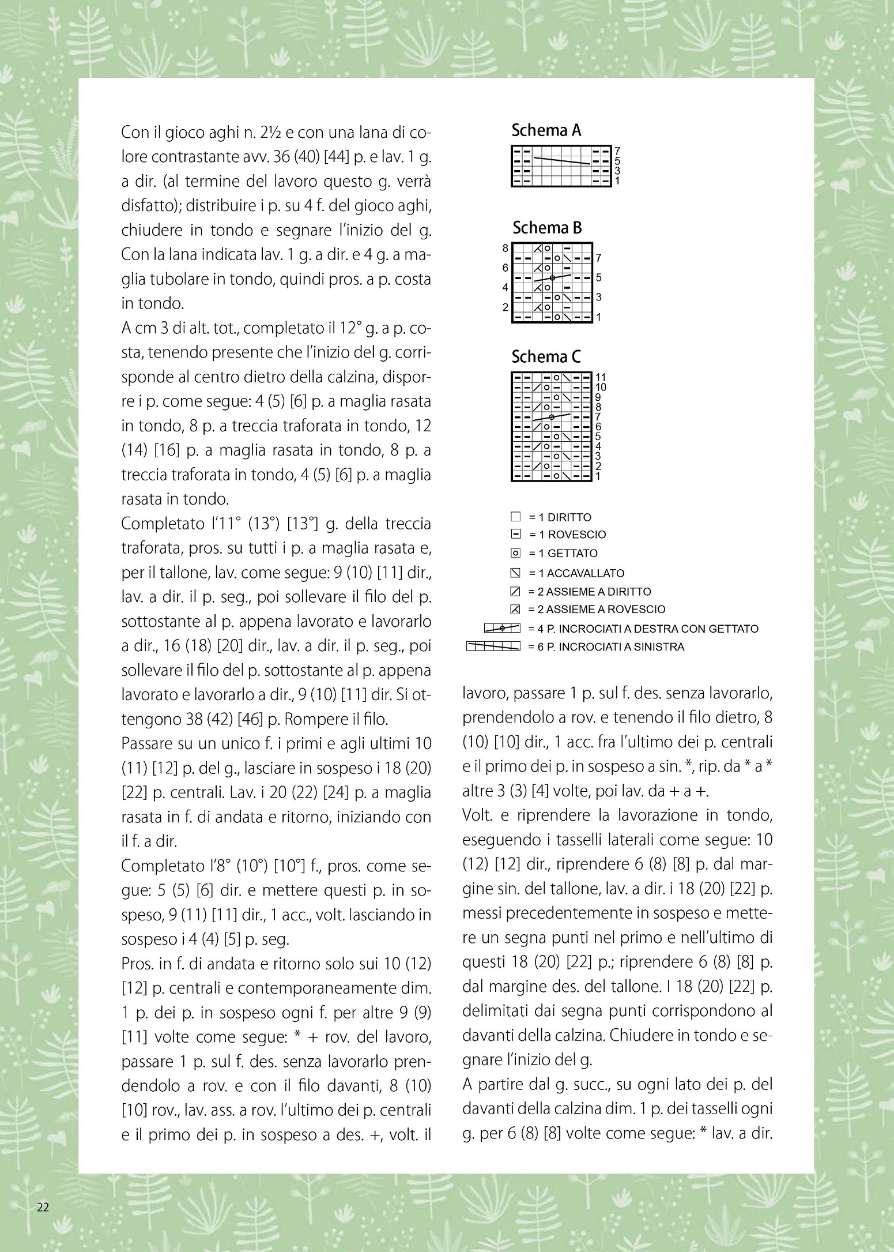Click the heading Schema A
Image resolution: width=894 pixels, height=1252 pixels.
pos(546,131)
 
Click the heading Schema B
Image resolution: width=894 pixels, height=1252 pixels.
pos(547,228)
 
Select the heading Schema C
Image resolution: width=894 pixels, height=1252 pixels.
pos(546,358)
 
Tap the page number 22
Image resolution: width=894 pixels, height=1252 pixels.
pos(43,1207)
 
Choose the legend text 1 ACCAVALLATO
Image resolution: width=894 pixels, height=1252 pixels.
pos(576,573)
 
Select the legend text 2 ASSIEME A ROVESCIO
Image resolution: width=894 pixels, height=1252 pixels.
pos(597,610)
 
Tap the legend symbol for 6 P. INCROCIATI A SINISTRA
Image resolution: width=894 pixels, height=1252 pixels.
pos(493,646)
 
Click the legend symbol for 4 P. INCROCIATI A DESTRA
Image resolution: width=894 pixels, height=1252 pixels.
pos(502,629)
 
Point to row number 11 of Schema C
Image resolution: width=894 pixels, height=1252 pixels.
pos(600,378)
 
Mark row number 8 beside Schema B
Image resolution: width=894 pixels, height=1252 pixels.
pos(506,249)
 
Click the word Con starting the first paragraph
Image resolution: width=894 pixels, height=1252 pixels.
pos(134,133)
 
